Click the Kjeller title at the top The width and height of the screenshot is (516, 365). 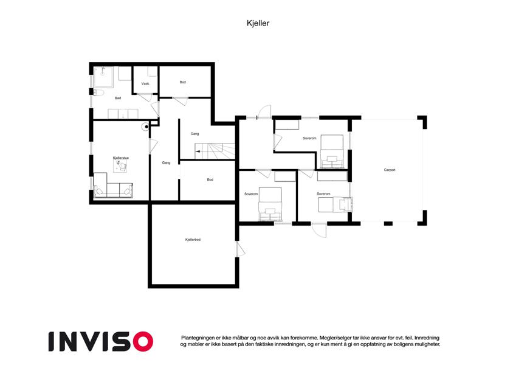(x=258, y=23)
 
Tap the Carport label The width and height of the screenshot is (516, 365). (x=390, y=170)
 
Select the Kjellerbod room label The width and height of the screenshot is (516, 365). (x=193, y=240)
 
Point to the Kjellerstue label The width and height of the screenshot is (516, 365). (x=121, y=158)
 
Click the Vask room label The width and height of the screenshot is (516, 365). (x=145, y=84)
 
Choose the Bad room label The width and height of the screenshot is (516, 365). (x=118, y=98)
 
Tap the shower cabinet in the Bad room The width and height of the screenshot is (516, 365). (x=103, y=77)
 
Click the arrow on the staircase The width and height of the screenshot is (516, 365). (x=198, y=151)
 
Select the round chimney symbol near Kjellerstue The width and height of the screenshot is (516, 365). (x=146, y=127)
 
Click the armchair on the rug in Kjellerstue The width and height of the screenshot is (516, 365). (x=123, y=168)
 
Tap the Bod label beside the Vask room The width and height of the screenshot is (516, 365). (x=183, y=82)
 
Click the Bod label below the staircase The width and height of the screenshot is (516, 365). (x=210, y=179)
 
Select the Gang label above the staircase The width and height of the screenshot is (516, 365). (x=195, y=134)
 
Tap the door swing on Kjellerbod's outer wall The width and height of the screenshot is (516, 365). (x=241, y=249)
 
